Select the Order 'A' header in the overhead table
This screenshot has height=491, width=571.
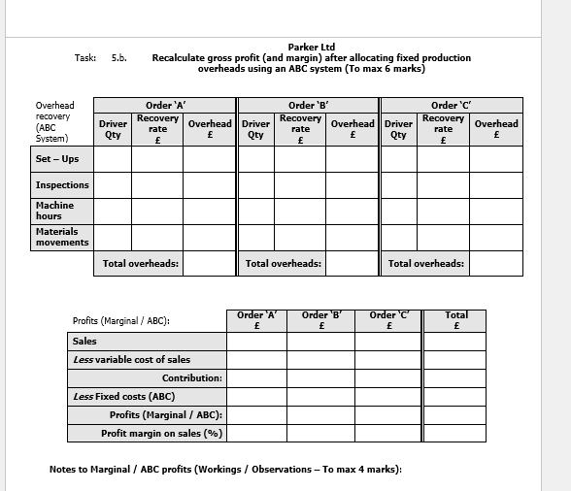tap(165, 105)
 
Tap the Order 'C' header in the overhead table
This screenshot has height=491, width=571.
tap(451, 105)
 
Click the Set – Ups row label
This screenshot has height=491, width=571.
tap(57, 158)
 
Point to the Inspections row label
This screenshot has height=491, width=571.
tap(62, 184)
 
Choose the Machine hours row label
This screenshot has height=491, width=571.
tap(54, 211)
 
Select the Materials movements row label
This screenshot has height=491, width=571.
tap(62, 237)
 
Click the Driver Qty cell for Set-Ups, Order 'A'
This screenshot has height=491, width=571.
tap(113, 158)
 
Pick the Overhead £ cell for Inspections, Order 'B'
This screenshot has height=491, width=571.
tap(351, 184)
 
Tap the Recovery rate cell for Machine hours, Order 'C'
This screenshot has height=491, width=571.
tap(443, 211)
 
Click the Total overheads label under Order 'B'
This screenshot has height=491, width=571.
tap(284, 263)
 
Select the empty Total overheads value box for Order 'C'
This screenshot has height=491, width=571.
tap(496, 263)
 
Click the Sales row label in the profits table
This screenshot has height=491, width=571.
tap(84, 341)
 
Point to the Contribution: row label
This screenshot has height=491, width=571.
tap(191, 377)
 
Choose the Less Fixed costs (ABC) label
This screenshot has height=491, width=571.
tap(123, 396)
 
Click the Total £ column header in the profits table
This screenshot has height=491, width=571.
tap(455, 320)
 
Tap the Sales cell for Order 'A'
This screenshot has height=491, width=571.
tap(256, 341)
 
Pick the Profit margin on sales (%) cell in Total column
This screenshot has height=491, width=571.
tap(455, 433)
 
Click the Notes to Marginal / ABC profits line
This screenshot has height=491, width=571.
tap(225, 470)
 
